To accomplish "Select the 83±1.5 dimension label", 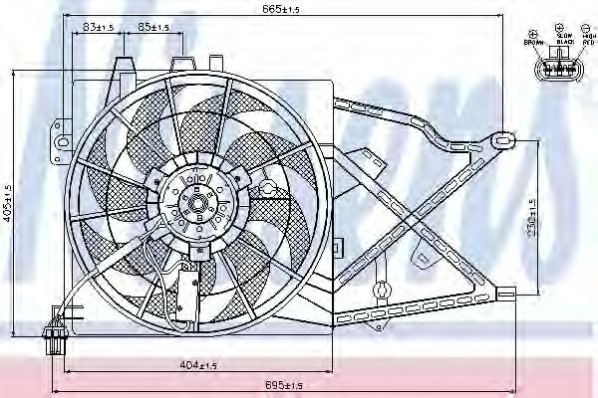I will [x=97, y=28].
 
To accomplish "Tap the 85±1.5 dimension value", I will [x=152, y=28].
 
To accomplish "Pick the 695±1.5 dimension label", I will [x=283, y=384].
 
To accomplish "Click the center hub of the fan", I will [x=195, y=206].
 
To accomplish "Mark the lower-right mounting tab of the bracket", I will [x=505, y=294].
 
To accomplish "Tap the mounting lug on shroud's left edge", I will [x=61, y=129].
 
